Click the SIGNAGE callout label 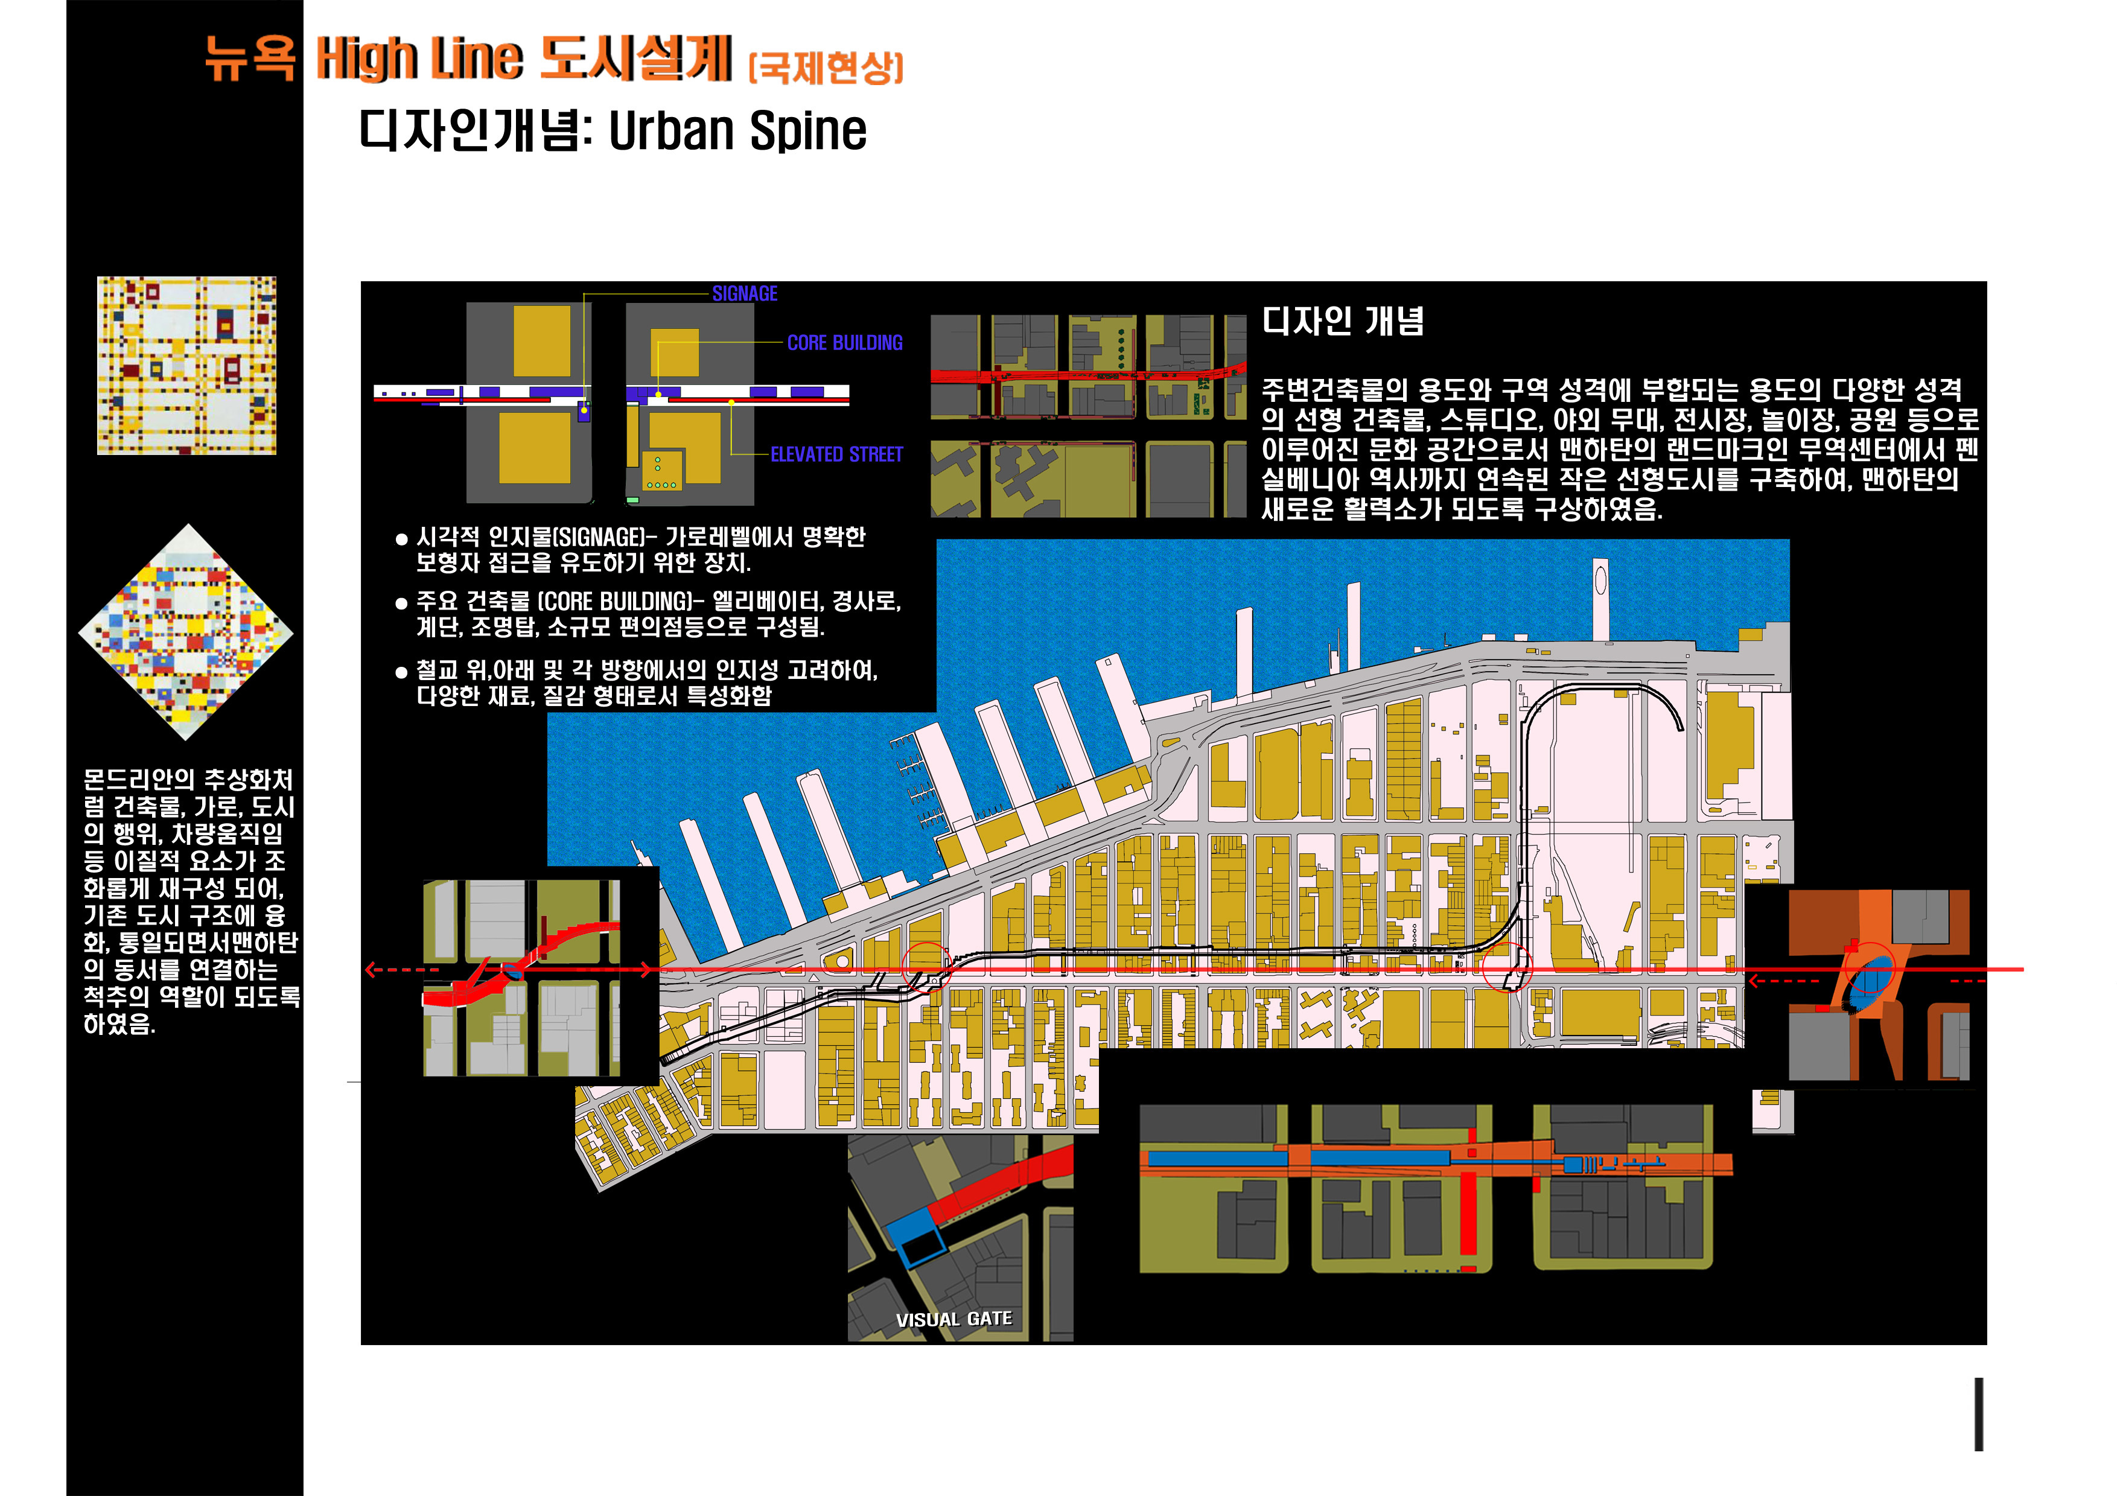(745, 294)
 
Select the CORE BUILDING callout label (845, 343)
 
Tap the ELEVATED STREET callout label (836, 454)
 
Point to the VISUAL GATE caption (953, 1319)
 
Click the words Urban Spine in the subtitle (737, 131)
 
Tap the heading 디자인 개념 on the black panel (1343, 321)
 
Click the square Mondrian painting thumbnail (186, 366)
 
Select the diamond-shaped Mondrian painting (186, 632)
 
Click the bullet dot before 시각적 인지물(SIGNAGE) (401, 540)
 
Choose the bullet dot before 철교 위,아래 (401, 673)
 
